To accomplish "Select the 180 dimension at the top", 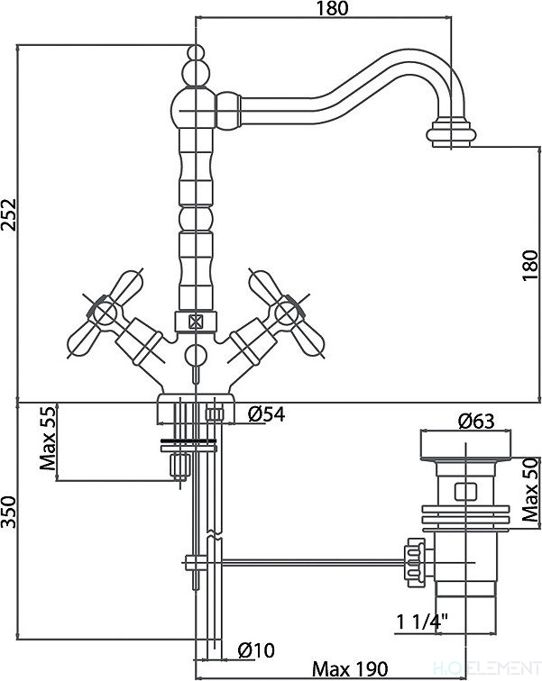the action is (x=332, y=8).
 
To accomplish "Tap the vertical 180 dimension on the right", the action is (x=530, y=265).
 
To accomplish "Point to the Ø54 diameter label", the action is (x=267, y=414).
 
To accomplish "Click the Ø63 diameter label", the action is (x=476, y=421).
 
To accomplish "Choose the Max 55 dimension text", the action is (x=48, y=438).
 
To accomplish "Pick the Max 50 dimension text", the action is (x=530, y=490).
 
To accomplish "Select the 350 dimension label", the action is (x=9, y=513).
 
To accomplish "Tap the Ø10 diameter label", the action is (x=256, y=650).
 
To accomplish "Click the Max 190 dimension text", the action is (x=350, y=668).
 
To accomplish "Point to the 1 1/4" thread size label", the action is (x=422, y=622).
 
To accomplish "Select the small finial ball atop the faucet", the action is (x=196, y=52).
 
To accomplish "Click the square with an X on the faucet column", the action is (x=195, y=322).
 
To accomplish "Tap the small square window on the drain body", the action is (x=464, y=492).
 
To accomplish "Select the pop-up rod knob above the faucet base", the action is (x=194, y=355).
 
